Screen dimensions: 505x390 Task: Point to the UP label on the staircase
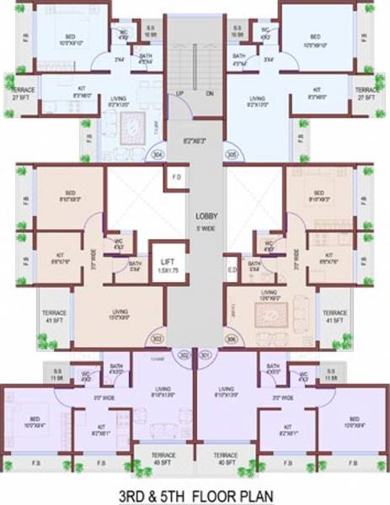point(179,93)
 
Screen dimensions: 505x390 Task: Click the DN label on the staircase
point(210,93)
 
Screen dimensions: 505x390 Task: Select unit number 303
point(156,339)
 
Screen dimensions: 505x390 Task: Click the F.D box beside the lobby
point(175,178)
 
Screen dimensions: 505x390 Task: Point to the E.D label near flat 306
point(232,271)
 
